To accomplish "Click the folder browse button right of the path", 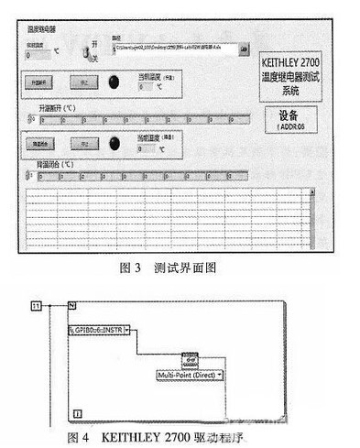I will (243, 46).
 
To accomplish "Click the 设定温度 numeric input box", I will (39, 55).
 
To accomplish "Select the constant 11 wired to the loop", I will (38, 302).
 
